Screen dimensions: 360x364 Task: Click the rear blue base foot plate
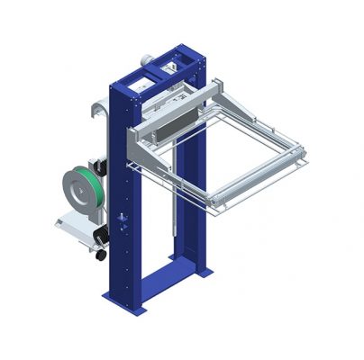click(x=200, y=270)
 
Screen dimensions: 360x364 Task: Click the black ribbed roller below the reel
click(x=101, y=233)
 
